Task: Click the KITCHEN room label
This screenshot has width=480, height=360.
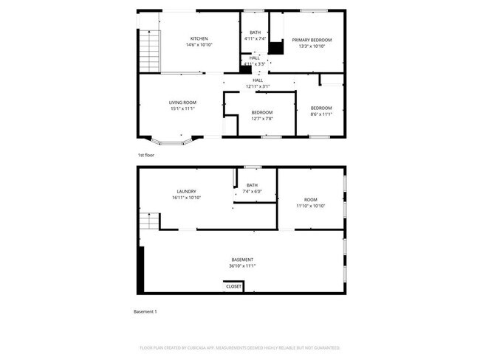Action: point(199,38)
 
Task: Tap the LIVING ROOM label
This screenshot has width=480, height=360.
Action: point(182,103)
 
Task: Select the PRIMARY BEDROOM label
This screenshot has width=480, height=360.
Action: point(311,39)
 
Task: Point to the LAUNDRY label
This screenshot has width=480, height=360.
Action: point(186,191)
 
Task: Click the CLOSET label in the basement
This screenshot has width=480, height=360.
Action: point(233,285)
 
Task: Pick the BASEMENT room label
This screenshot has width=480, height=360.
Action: point(242,260)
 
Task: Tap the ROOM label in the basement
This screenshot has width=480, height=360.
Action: point(311,200)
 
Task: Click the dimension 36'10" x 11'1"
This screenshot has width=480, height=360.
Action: point(242,266)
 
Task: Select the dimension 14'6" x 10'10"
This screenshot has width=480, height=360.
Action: point(199,45)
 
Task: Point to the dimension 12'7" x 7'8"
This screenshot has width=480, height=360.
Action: point(261,118)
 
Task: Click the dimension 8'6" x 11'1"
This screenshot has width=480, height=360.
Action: point(320,114)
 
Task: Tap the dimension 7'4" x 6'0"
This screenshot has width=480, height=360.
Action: point(253,192)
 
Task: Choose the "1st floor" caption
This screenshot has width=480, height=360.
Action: point(145,155)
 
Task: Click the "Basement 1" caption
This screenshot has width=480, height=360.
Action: point(145,311)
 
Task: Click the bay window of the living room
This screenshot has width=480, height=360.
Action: point(172,138)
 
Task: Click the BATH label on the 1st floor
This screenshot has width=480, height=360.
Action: point(255,32)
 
